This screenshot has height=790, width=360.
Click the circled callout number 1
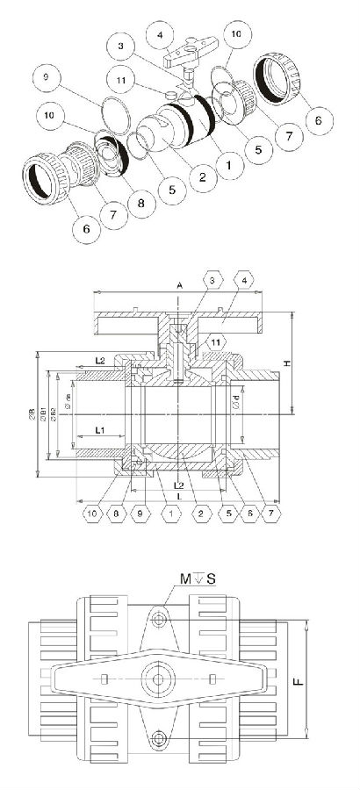point(231,162)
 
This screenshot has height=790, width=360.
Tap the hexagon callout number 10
point(91,512)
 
